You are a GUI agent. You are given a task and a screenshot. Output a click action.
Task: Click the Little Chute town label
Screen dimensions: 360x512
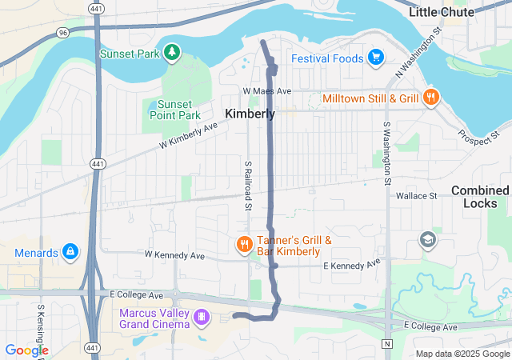pyautogui.click(x=452, y=12)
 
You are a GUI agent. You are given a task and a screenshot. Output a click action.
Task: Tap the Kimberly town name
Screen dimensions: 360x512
pyautogui.click(x=250, y=114)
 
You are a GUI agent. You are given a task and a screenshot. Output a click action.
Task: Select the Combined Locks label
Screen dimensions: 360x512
pyautogui.click(x=480, y=197)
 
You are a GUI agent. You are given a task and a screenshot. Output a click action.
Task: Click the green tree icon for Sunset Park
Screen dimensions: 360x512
pyautogui.click(x=171, y=53)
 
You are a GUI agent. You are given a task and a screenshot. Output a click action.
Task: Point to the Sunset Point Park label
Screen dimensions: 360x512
pyautogui.click(x=174, y=110)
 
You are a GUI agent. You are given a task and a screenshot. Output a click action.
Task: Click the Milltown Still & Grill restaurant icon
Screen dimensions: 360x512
pyautogui.click(x=431, y=98)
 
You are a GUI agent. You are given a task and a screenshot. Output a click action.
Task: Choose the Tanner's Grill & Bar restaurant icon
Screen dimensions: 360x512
pyautogui.click(x=244, y=244)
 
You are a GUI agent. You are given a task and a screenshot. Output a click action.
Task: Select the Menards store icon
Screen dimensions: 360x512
pyautogui.click(x=70, y=253)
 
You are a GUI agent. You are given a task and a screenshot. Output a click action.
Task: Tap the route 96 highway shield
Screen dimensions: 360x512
pyautogui.click(x=62, y=32)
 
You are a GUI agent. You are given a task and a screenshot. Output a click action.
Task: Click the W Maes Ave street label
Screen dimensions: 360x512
pyautogui.click(x=268, y=91)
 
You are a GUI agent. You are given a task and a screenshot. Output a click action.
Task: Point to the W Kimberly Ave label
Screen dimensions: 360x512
pyautogui.click(x=188, y=136)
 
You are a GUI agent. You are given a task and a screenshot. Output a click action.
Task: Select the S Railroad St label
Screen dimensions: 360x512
pyautogui.click(x=248, y=186)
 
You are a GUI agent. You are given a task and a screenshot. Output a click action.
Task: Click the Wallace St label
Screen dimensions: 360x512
pyautogui.click(x=416, y=195)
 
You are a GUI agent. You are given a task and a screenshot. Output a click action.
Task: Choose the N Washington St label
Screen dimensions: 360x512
pyautogui.click(x=418, y=54)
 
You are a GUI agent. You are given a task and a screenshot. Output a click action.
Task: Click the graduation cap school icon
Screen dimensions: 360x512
pyautogui.click(x=428, y=238)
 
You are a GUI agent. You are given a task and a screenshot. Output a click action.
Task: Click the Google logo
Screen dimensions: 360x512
pyautogui.click(x=26, y=350)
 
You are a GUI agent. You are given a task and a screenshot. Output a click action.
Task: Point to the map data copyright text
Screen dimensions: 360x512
pyautogui.click(x=462, y=354)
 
